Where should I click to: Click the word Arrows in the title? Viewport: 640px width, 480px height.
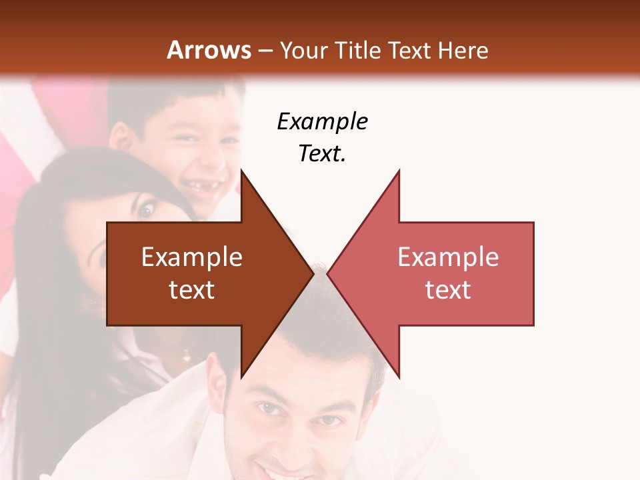[209, 51]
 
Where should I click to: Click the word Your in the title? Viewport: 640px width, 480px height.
[303, 51]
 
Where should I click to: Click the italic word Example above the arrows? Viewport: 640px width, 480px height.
[323, 122]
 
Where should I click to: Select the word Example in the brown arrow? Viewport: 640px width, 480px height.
[191, 257]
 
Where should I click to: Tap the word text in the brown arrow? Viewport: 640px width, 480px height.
[191, 289]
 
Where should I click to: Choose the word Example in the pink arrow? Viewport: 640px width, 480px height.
[448, 257]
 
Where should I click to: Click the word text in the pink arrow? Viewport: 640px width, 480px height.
[448, 289]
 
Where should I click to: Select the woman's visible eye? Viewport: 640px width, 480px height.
[145, 211]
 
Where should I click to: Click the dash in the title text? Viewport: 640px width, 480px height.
[265, 51]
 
